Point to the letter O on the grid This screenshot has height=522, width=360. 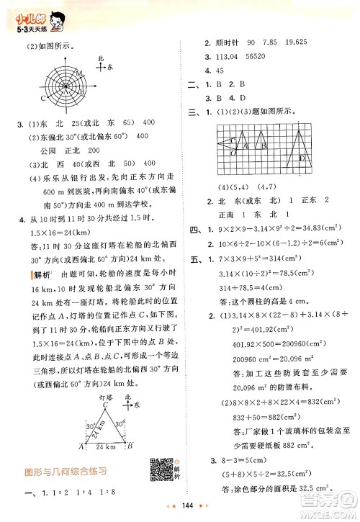[233, 153]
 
